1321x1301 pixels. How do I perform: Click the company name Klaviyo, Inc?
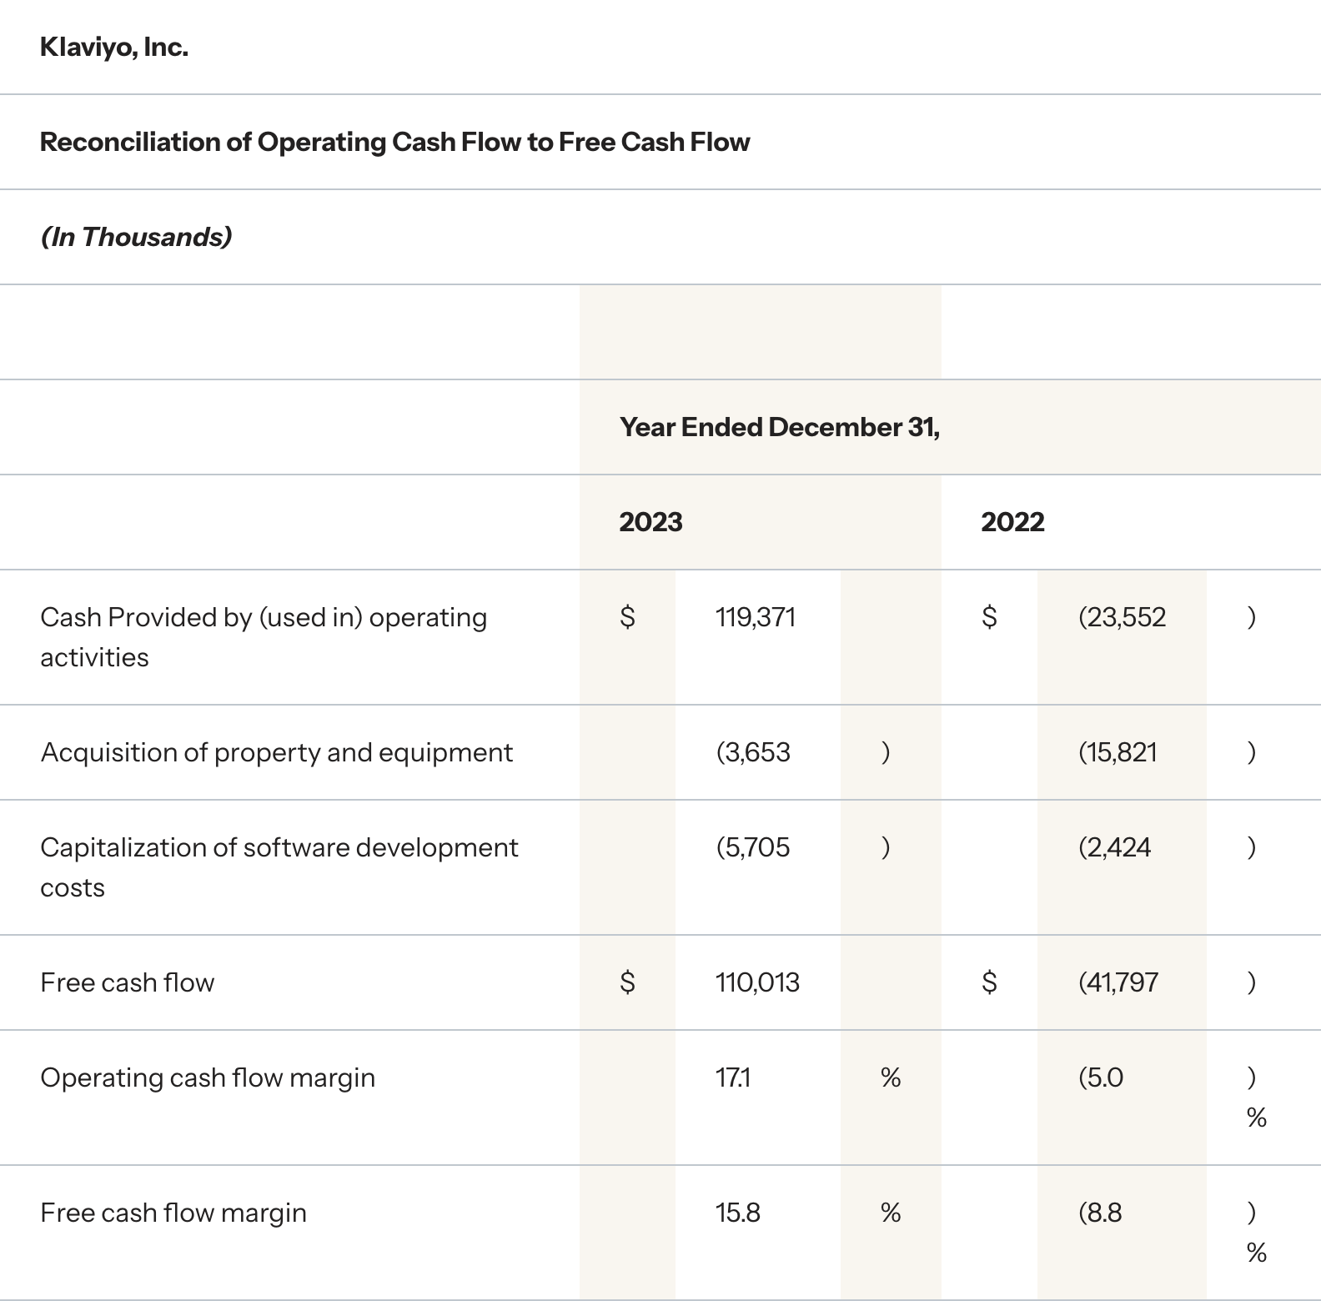113,48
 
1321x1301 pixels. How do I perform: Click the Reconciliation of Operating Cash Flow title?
394,143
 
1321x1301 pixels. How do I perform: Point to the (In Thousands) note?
136,238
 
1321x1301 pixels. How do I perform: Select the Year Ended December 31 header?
779,427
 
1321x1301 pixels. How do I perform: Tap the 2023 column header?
650,522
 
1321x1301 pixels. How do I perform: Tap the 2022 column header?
1012,522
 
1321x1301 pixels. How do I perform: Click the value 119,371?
756,617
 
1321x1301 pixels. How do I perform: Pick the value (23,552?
1122,617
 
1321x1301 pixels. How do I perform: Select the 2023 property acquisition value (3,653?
753,752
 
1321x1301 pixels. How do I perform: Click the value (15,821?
1118,752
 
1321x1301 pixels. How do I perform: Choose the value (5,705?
753,847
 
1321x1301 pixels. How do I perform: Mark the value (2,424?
1114,847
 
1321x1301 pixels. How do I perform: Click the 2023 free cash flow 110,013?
757,982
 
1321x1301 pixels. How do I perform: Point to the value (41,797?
1118,982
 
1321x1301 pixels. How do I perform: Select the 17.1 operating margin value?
733,1077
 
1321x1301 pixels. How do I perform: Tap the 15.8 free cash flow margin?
738,1213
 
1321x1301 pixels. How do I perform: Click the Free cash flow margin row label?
173,1213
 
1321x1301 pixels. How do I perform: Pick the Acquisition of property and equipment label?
276,752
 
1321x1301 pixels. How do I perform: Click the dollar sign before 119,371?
628,617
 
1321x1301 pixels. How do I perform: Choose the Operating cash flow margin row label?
208,1077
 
